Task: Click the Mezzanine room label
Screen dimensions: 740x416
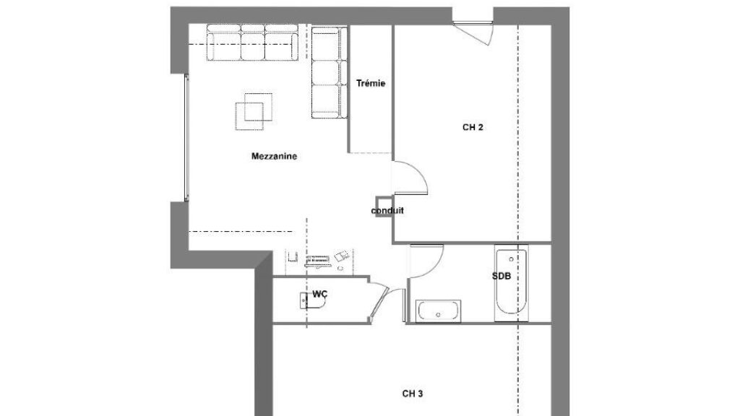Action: (274, 156)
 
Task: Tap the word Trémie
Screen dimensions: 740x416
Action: (371, 84)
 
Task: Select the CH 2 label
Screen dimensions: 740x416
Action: (473, 127)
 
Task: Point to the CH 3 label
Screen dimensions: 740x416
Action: (413, 394)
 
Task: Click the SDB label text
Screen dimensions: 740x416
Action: (502, 277)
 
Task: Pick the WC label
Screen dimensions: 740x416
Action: (319, 295)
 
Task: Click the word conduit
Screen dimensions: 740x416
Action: (387, 210)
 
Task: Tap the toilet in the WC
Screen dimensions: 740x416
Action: (312, 301)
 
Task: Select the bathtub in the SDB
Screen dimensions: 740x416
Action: (511, 283)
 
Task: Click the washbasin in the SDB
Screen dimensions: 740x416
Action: (438, 311)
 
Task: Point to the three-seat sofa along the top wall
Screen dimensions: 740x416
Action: (252, 43)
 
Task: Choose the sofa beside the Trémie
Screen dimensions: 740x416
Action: (329, 72)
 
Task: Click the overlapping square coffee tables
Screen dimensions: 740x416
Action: (254, 111)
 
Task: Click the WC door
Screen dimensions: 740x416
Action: (380, 302)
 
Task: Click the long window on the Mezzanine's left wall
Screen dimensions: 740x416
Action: (186, 138)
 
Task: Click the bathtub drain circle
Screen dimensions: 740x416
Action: (511, 259)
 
